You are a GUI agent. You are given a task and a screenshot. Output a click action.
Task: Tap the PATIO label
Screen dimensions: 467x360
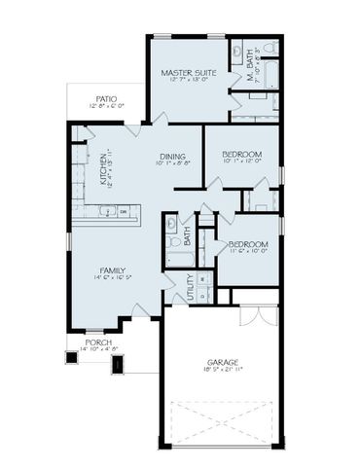pyautogui.click(x=107, y=98)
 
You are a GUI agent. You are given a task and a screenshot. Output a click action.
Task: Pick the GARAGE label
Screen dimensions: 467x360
pyautogui.click(x=221, y=362)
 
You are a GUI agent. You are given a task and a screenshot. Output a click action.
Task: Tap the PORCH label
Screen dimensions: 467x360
pyautogui.click(x=98, y=342)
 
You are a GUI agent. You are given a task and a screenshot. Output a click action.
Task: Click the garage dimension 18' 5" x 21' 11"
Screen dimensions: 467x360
pyautogui.click(x=221, y=370)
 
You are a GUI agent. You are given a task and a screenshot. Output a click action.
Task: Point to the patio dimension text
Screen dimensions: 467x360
pyautogui.click(x=107, y=106)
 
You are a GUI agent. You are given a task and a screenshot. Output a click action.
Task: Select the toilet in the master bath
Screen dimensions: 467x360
pyautogui.click(x=270, y=47)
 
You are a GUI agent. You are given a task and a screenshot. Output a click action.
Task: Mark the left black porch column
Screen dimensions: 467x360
pyautogui.click(x=71, y=357)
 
